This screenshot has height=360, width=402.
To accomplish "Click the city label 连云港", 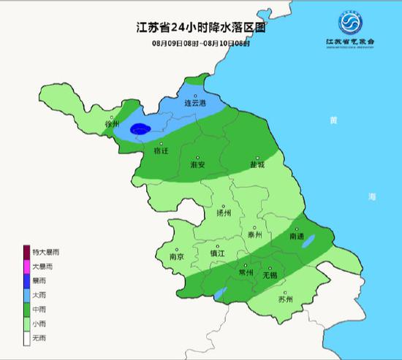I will tap(194, 104).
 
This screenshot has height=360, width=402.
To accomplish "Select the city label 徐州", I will tap(112, 124).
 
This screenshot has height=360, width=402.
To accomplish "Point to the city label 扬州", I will tap(224, 214).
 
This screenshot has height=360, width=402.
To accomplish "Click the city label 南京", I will tap(176, 256).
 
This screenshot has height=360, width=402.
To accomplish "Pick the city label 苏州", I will tap(285, 299).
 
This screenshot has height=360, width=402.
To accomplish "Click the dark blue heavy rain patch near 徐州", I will tap(140, 130).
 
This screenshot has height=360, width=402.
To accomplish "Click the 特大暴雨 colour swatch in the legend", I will tap(27, 252).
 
